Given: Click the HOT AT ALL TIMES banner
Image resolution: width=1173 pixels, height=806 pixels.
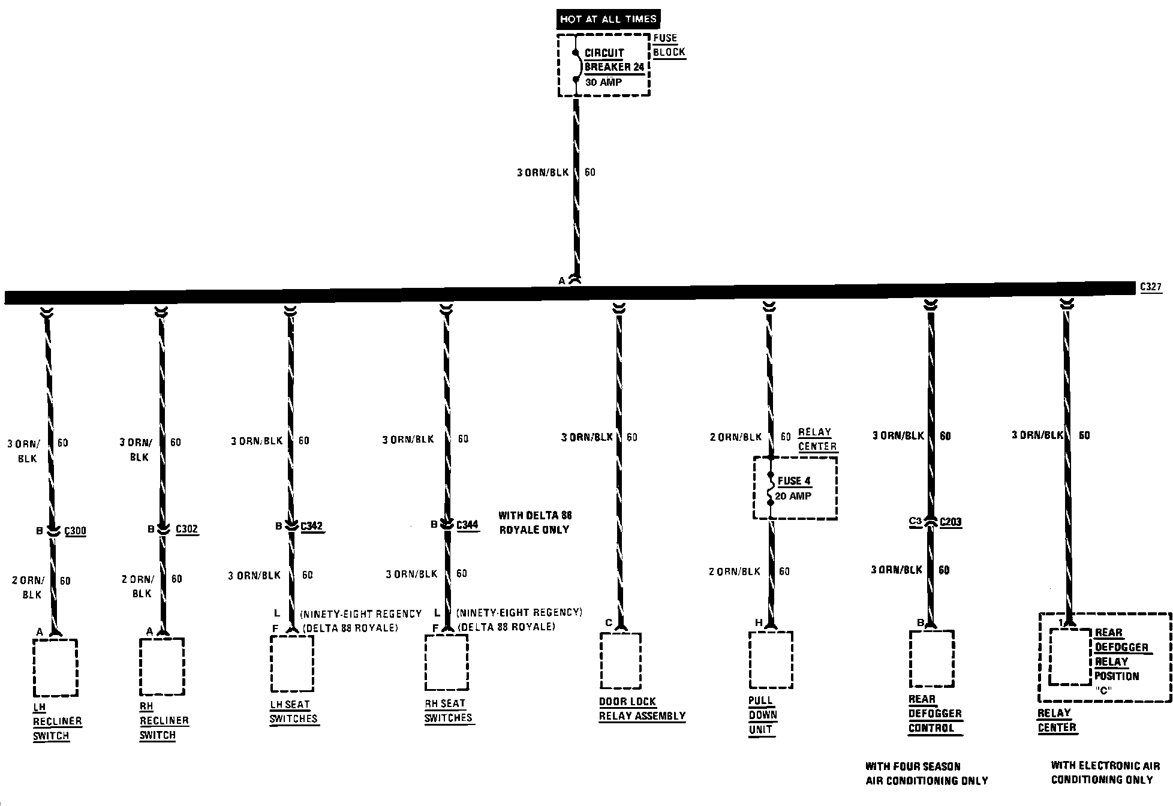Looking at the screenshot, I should (608, 19).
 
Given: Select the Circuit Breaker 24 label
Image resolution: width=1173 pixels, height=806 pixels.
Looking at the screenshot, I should (613, 60).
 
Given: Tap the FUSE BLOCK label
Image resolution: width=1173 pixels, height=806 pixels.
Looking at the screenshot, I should (668, 46).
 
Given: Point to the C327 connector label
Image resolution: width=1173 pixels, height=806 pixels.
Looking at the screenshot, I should (1151, 287).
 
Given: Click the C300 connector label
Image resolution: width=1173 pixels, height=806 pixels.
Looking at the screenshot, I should (75, 531).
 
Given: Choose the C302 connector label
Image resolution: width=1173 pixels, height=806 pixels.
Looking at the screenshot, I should (187, 530).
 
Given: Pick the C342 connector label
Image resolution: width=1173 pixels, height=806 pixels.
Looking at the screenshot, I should (311, 527).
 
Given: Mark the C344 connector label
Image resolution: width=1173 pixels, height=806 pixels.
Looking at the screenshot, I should (467, 525).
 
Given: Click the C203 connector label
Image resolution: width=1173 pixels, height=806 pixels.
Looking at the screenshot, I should (951, 522).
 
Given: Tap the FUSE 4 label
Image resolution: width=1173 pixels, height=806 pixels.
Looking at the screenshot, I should (794, 481).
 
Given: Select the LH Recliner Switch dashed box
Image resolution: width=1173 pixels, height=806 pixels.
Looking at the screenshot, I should (55, 667).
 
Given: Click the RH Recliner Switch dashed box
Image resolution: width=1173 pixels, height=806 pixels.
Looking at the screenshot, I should (161, 666).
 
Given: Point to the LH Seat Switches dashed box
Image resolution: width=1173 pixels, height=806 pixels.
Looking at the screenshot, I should (292, 663).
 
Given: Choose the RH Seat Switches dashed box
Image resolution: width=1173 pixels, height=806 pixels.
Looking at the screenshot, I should (447, 662).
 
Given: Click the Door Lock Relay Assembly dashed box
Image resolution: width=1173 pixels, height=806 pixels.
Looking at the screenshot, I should (621, 660).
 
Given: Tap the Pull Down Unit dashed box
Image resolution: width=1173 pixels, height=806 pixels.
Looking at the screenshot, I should (771, 660).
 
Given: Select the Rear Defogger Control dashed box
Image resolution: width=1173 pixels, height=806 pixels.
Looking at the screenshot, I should (931, 658).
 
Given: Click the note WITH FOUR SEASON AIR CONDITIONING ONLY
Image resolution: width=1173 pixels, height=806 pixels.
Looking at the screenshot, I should (926, 774).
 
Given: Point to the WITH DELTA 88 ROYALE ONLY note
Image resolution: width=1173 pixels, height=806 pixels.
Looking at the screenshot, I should (534, 522).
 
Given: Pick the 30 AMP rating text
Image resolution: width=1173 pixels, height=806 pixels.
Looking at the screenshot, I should (603, 83).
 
